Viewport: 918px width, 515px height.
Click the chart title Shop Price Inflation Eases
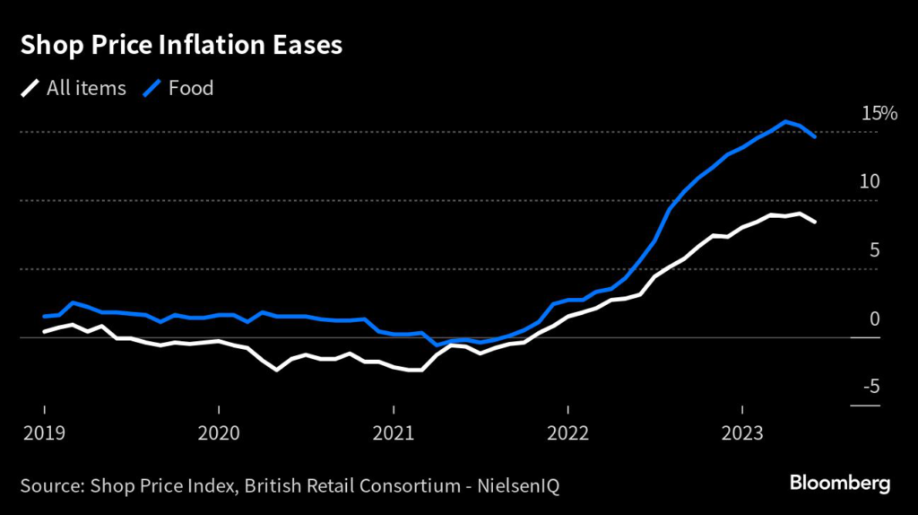181,46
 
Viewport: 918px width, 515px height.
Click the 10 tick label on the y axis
870,182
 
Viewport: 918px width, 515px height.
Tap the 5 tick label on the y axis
875,250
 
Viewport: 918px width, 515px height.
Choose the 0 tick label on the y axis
875,319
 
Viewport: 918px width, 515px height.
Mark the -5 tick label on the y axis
870,387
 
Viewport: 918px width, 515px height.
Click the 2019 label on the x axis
44,433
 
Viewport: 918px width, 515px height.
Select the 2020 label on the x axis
219,433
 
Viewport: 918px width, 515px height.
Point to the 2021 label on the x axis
394,433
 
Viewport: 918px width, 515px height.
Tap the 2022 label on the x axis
568,433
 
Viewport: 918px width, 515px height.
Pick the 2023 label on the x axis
742,433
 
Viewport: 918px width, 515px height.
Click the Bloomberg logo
840,484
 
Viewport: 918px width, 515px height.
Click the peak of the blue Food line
785,122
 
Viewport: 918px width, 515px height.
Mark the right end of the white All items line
814,222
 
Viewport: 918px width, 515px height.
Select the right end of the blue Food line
814,137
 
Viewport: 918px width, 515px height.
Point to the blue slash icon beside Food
153,88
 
